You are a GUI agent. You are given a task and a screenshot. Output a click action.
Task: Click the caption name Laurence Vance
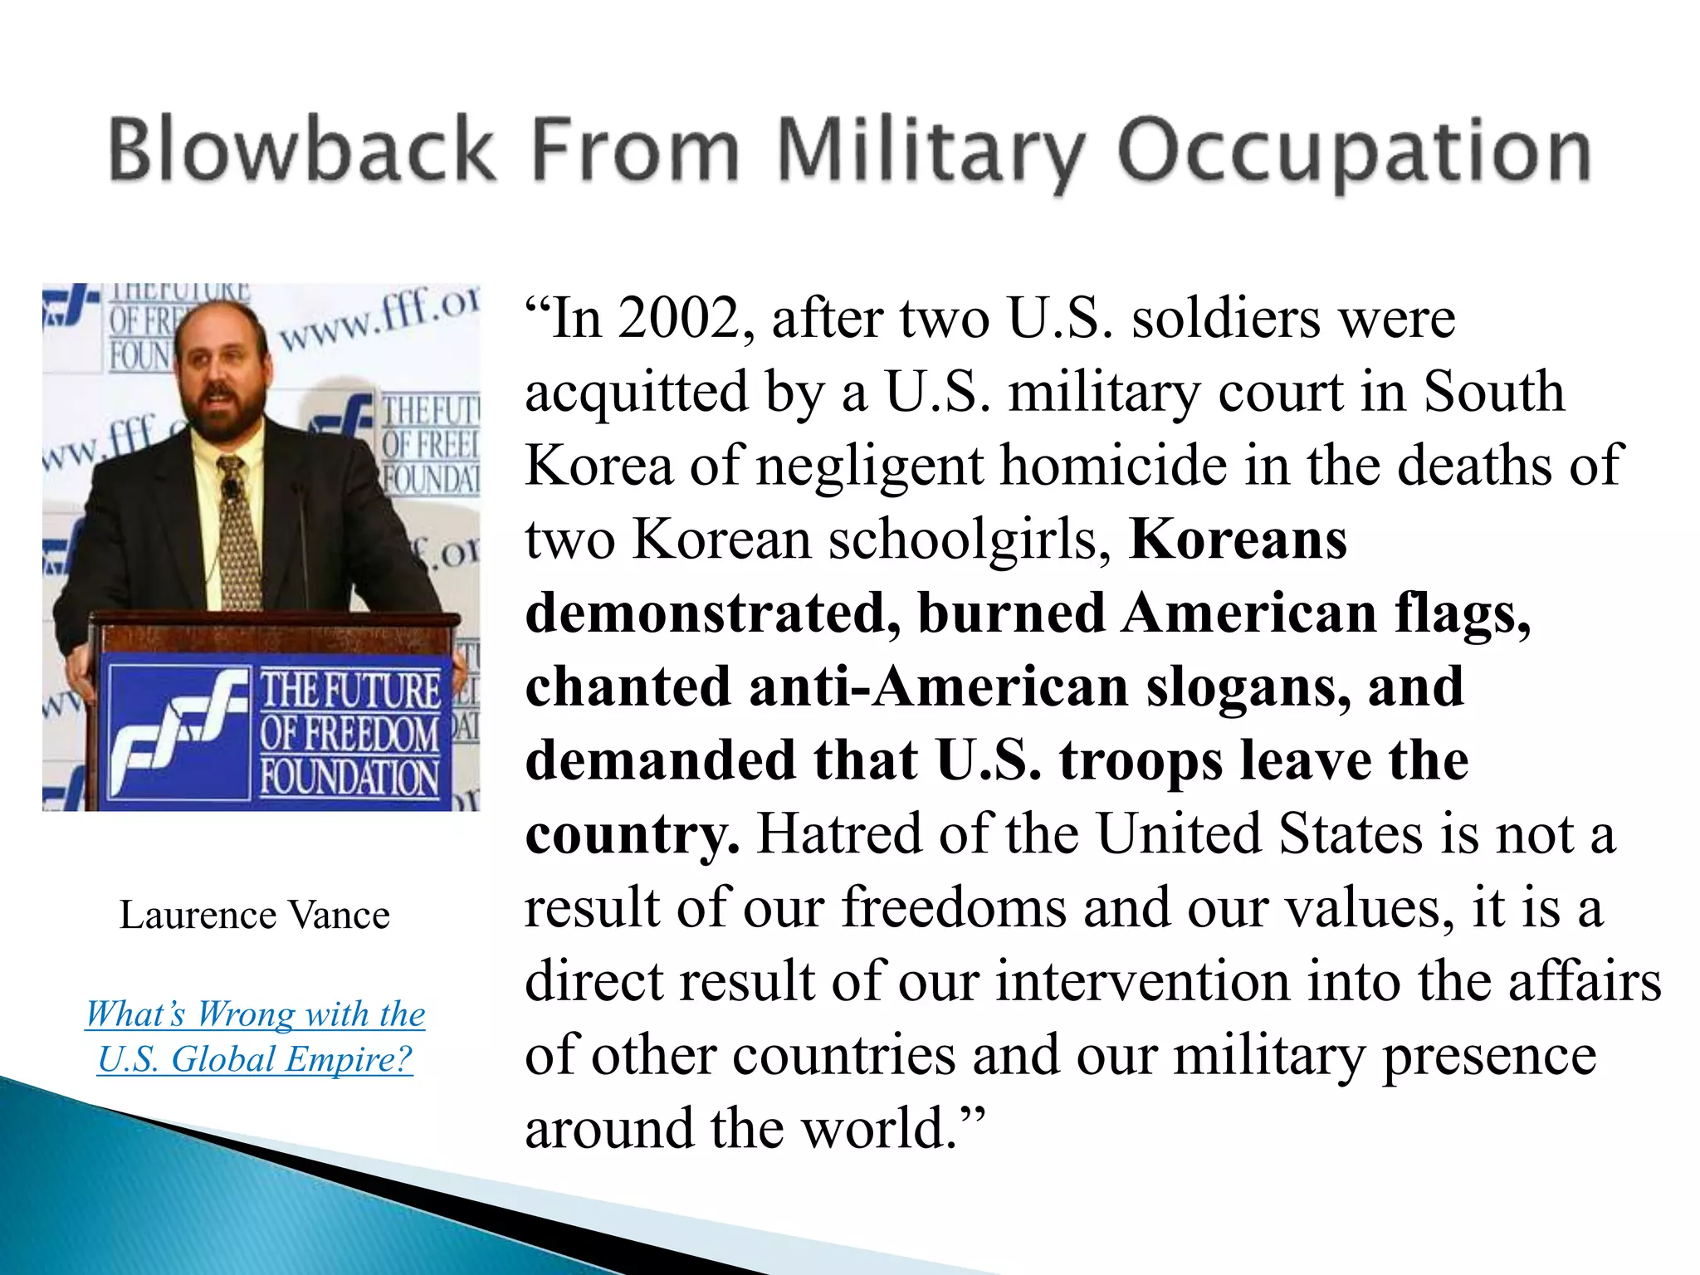(255, 916)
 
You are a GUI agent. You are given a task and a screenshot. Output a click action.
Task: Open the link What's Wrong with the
(255, 1014)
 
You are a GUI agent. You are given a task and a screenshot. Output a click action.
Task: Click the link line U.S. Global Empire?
(255, 1058)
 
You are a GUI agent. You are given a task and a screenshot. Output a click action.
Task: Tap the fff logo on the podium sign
(178, 730)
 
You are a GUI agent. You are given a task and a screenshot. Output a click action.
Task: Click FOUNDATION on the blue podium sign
(349, 778)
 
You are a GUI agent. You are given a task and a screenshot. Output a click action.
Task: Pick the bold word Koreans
(1238, 540)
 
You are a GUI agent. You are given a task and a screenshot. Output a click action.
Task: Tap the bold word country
(631, 834)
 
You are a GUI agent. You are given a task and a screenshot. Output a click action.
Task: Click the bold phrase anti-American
(938, 687)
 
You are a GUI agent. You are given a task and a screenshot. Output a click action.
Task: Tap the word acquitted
(637, 392)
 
